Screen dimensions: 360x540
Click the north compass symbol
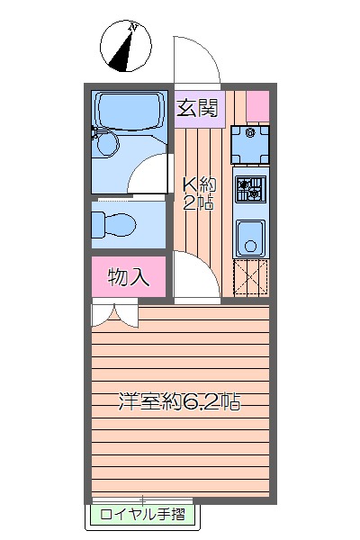point(125,46)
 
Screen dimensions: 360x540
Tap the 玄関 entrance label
point(197,108)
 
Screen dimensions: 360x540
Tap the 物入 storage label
point(128,277)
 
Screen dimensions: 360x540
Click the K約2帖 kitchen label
point(199,193)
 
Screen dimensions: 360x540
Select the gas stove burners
point(251,189)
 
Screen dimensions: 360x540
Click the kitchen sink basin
point(250,238)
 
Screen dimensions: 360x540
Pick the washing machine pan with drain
point(250,144)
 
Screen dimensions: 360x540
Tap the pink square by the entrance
point(257,105)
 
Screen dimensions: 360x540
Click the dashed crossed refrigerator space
point(250,278)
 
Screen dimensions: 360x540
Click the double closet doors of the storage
point(114,313)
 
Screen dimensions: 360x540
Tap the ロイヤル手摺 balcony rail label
point(142,515)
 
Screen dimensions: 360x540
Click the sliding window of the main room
point(142,499)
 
